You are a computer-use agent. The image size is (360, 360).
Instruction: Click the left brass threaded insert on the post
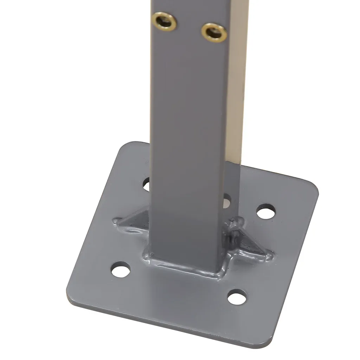click(165, 21)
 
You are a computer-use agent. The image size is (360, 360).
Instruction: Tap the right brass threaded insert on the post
click(214, 33)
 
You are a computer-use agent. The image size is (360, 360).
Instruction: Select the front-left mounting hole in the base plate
click(121, 270)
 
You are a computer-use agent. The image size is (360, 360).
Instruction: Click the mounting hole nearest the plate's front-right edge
click(236, 297)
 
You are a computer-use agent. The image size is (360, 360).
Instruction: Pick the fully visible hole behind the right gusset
click(265, 212)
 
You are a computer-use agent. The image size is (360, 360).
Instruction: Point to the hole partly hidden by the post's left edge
click(147, 184)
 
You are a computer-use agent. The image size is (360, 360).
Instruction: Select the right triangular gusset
click(248, 243)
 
